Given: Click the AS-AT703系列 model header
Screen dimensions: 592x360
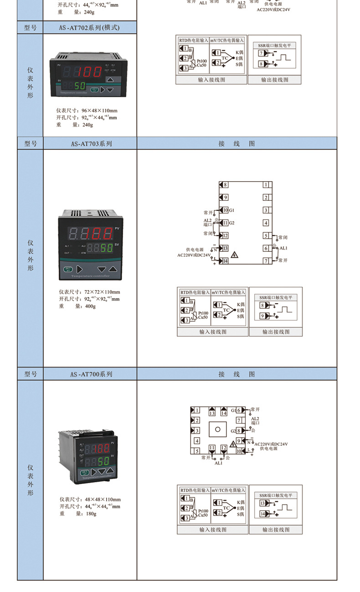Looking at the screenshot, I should (91, 144).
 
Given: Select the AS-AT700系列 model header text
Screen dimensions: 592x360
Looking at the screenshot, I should (91, 374).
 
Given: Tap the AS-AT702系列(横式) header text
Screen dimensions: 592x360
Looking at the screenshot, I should (89, 28).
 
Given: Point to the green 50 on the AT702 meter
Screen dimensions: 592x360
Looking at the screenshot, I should (80, 86).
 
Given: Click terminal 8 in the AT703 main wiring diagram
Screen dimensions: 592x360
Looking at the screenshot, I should (224, 184).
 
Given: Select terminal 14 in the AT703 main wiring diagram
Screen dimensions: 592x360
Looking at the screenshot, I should (224, 261).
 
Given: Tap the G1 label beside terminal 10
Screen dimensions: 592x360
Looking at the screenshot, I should (231, 210).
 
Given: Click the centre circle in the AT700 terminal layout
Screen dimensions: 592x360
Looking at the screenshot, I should (217, 429).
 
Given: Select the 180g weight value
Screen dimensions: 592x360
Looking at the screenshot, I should (91, 514).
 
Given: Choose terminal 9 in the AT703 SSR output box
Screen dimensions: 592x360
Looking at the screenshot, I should (262, 316).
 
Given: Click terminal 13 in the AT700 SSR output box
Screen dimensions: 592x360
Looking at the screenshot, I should (262, 504).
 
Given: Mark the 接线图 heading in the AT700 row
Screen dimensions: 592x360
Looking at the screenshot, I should (237, 374).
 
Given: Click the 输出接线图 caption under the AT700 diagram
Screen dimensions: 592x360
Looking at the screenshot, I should (276, 530).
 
